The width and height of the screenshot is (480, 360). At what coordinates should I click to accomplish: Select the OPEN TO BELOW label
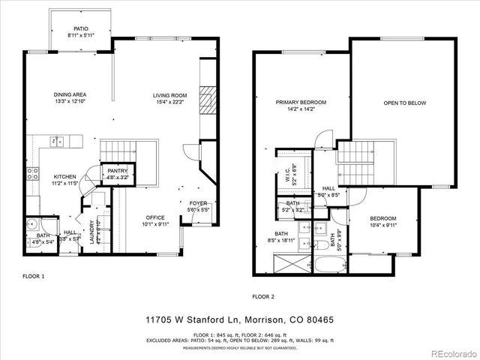(404, 103)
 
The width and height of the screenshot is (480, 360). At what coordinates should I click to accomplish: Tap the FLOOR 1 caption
(33, 276)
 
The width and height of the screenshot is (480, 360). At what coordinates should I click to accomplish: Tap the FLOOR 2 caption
(263, 296)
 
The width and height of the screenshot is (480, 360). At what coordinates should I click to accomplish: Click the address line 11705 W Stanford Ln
(239, 319)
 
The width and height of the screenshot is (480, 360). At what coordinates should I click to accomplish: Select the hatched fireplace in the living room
(208, 98)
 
